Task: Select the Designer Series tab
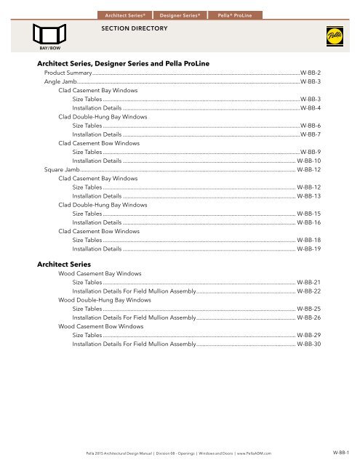point(180,14)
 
